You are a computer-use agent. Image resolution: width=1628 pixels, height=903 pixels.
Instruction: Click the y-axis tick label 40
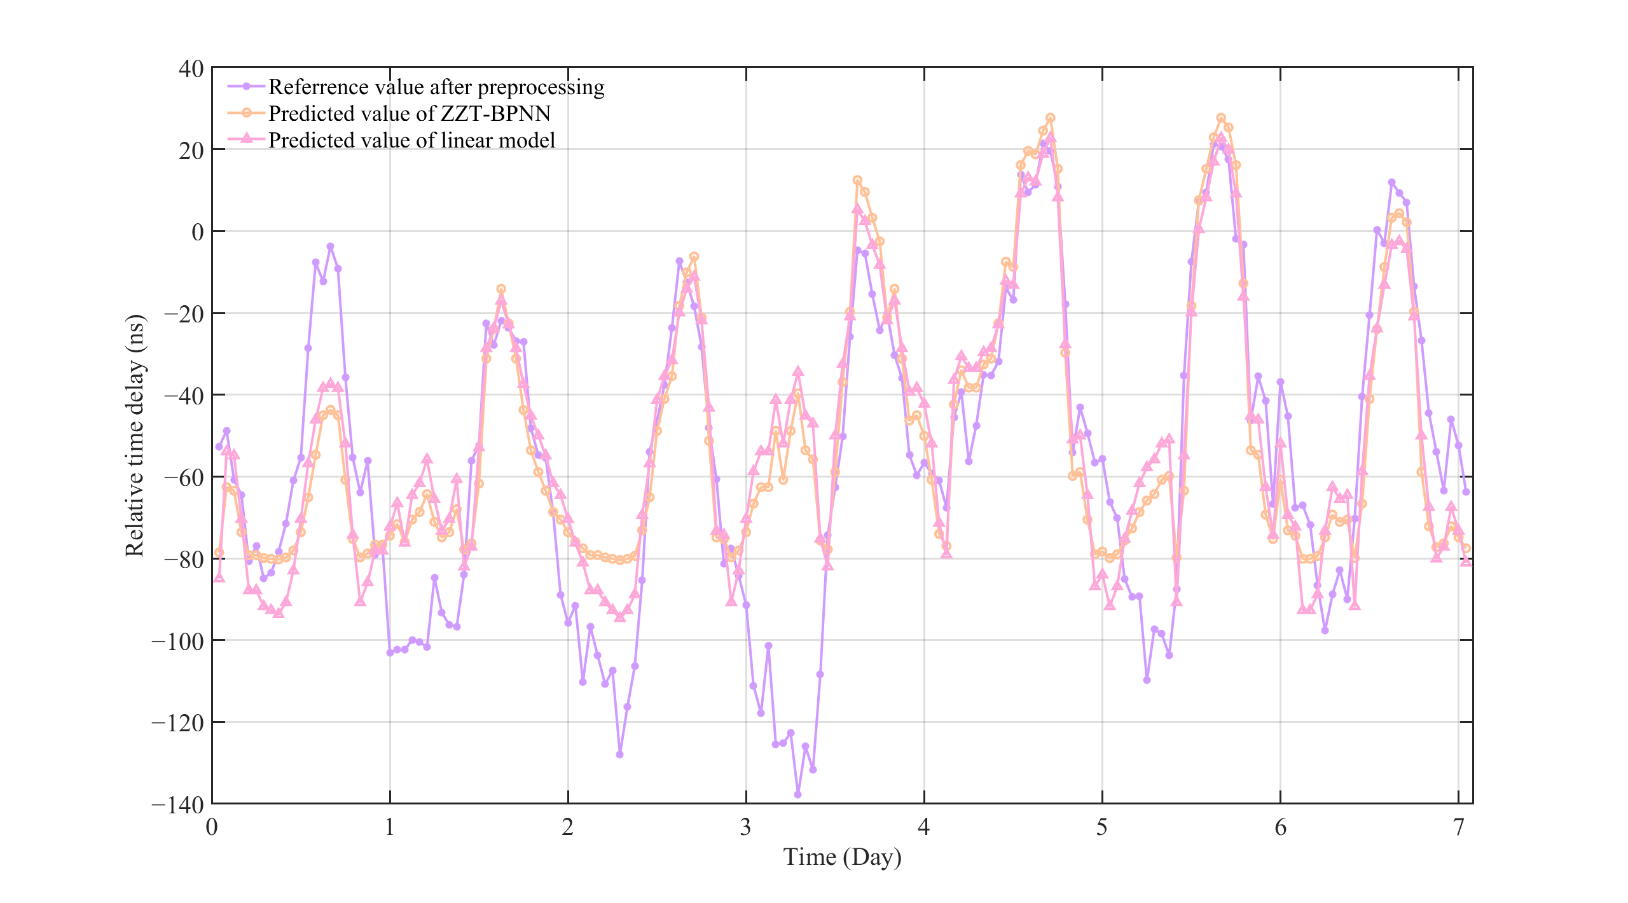(191, 69)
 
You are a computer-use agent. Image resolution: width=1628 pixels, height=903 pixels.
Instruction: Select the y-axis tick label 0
(198, 232)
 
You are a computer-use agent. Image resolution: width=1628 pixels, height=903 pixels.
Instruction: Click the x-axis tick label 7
(1458, 828)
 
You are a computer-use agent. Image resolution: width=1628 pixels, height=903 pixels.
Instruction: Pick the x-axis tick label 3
(745, 828)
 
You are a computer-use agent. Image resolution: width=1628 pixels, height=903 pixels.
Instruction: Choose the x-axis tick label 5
(1101, 828)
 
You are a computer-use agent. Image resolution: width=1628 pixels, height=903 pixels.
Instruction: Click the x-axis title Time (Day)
(842, 857)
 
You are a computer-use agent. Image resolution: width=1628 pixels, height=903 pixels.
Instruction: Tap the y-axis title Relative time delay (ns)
(135, 436)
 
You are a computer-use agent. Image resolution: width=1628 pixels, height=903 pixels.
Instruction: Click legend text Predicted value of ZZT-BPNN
(409, 113)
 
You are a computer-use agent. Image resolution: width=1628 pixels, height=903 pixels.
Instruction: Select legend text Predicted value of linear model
(411, 140)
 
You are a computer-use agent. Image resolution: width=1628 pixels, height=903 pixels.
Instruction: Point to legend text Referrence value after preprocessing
(436, 86)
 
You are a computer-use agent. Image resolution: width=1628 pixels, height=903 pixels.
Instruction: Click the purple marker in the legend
(246, 86)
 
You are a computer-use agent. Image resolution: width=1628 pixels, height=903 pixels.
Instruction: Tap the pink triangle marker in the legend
(246, 139)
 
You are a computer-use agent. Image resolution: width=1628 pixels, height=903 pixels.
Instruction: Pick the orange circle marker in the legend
(246, 113)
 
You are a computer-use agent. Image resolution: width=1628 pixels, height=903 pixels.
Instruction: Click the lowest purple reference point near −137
(797, 795)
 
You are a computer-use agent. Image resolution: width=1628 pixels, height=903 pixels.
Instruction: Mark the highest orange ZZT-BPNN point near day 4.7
(1051, 118)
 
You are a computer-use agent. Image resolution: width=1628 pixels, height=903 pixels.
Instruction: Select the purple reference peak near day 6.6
(1391, 183)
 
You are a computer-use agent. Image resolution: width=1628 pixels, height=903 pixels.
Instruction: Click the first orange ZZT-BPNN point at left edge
(219, 553)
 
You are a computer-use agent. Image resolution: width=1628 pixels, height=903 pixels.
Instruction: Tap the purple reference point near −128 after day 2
(619, 754)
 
